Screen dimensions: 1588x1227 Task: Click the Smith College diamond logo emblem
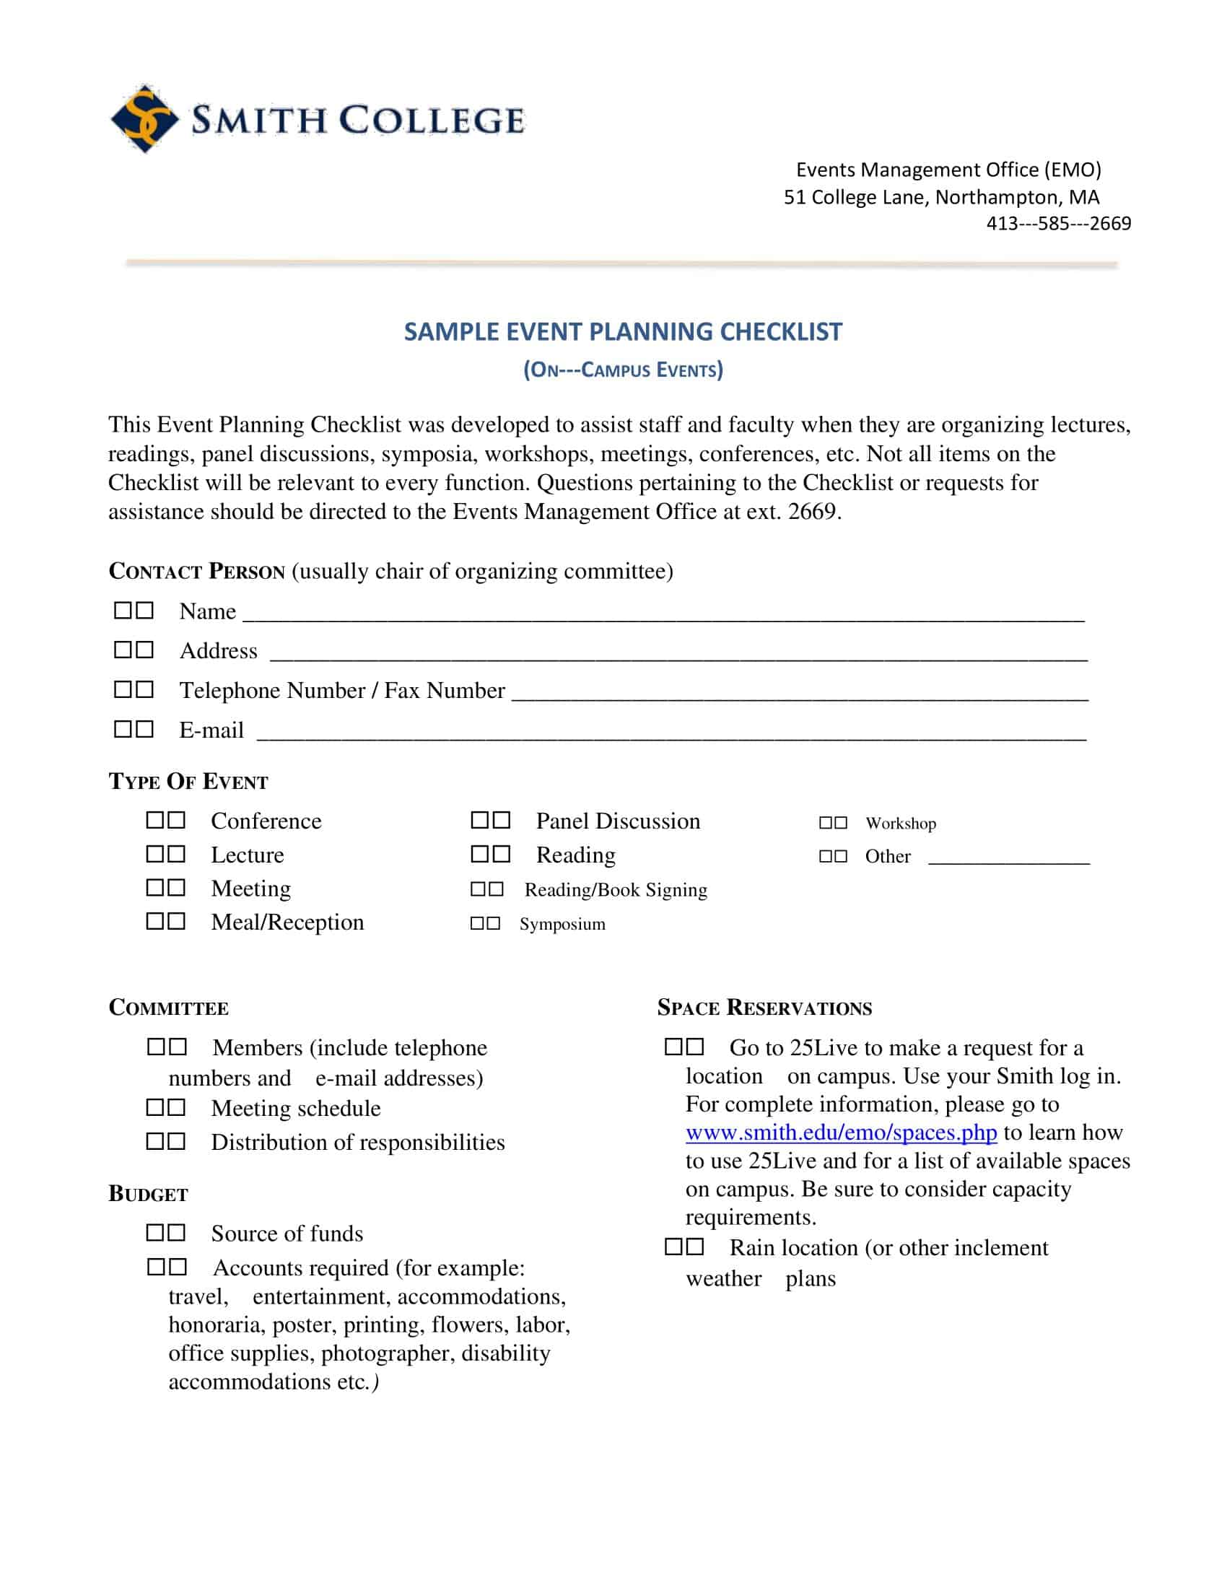[x=143, y=118]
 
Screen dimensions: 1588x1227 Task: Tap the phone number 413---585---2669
[x=1057, y=223]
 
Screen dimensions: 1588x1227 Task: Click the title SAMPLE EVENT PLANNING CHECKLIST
[x=623, y=331]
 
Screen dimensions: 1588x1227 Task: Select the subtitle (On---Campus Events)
[x=623, y=370]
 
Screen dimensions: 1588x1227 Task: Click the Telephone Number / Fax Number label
[x=341, y=690]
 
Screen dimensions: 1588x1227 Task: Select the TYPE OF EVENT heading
[x=188, y=782]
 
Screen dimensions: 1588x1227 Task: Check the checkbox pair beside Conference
[x=166, y=820]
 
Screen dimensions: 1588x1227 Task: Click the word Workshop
[x=900, y=823]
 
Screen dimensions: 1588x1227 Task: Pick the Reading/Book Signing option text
[x=616, y=890]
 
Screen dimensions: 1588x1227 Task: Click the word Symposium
[x=562, y=924]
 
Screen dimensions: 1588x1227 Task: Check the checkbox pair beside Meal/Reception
[x=166, y=921]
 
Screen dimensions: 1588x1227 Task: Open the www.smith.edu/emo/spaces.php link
[x=841, y=1133]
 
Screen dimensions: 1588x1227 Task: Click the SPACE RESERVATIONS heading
[x=764, y=1008]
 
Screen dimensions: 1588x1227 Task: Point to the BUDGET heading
[x=148, y=1195]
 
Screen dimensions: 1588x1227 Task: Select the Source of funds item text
[x=287, y=1234]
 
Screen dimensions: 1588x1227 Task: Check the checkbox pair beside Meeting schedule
[x=166, y=1107]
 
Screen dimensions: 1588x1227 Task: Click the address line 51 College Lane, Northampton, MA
[x=940, y=197]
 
